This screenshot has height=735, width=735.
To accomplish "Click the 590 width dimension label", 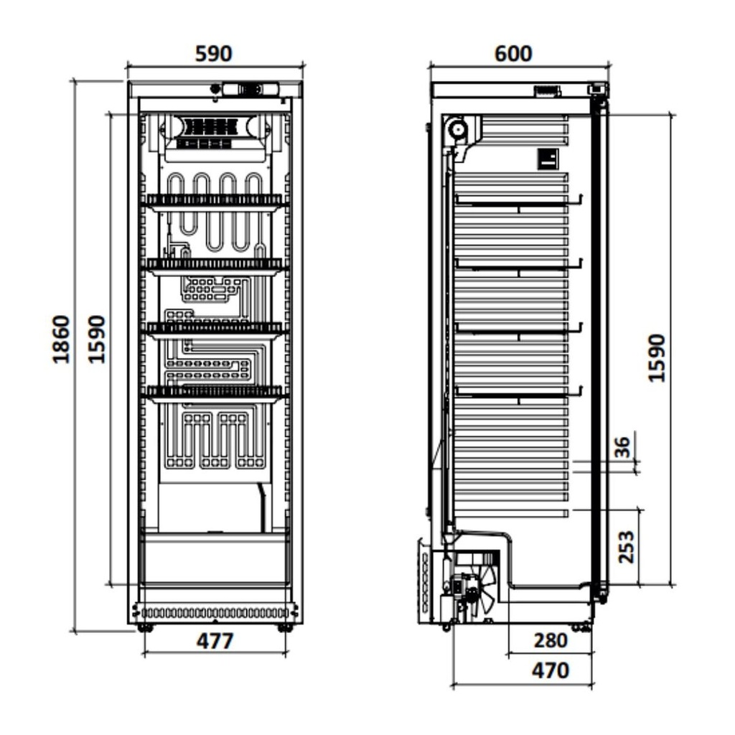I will coord(214,54).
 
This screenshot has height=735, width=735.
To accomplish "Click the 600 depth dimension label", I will coord(512,54).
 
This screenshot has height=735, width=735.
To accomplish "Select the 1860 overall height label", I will coord(62,339).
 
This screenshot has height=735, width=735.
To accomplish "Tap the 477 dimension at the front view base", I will coord(215,641).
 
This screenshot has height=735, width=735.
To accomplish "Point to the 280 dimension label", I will coord(551,641).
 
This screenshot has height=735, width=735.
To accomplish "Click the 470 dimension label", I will coord(550,671).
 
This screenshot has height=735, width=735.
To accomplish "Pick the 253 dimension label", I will coord(626,547).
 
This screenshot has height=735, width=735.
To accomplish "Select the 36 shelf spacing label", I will coord(623,447).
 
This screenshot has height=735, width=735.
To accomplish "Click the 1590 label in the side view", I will coord(656,357).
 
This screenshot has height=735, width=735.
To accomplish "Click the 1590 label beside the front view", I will coord(97,339).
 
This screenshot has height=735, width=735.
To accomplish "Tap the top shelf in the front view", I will coord(215,201).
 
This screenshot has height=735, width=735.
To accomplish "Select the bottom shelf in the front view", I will coord(215,393).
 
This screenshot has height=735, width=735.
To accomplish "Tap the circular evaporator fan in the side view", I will coord(456,131).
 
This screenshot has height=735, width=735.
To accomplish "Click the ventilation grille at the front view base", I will coord(215,613).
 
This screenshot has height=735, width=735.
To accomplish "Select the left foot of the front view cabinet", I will coord(146,628).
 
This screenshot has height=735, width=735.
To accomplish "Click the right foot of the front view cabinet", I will coord(285,628).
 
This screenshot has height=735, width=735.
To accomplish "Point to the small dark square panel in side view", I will coord(548,159).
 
